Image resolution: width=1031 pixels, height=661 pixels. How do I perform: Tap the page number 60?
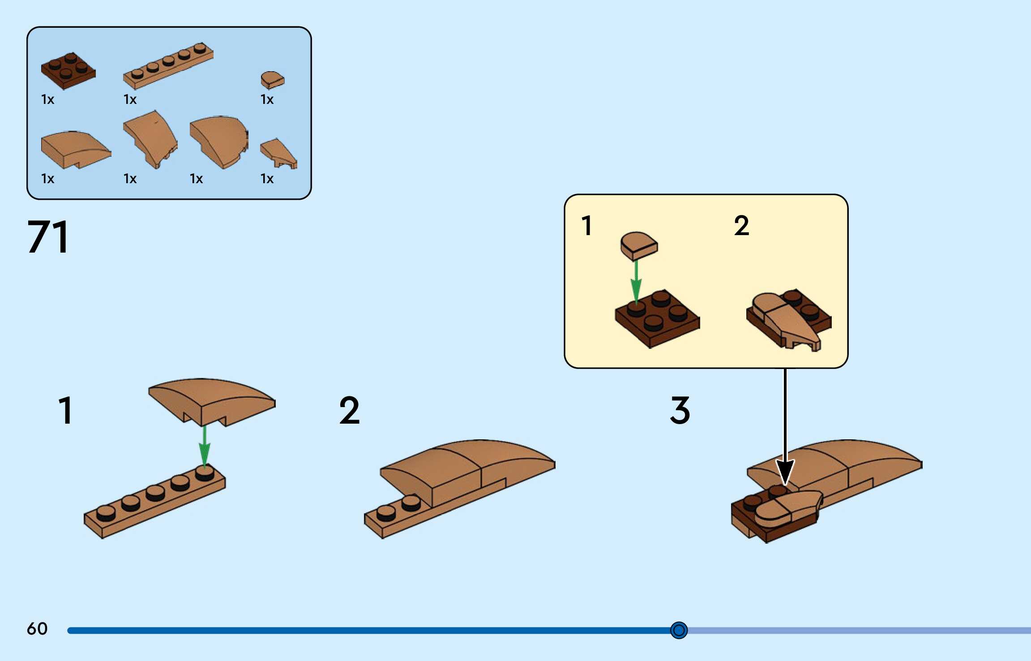click(37, 629)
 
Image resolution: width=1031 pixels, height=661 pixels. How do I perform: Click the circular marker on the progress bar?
click(679, 630)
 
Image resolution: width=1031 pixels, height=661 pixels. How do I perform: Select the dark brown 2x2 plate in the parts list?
click(68, 71)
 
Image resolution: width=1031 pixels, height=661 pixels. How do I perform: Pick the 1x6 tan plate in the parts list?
click(168, 66)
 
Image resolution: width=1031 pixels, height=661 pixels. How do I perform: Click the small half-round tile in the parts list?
click(272, 80)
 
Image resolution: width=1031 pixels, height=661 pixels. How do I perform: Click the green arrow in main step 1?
click(205, 446)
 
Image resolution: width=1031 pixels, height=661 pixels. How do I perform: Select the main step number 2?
click(349, 410)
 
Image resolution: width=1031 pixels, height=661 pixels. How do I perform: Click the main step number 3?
click(680, 410)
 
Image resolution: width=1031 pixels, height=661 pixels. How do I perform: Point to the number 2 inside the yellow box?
click(741, 225)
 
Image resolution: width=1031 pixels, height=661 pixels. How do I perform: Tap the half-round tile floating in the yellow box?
click(639, 245)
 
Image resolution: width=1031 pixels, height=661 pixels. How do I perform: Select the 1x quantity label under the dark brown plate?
click(47, 99)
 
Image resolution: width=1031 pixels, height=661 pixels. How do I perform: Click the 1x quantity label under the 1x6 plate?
click(130, 99)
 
